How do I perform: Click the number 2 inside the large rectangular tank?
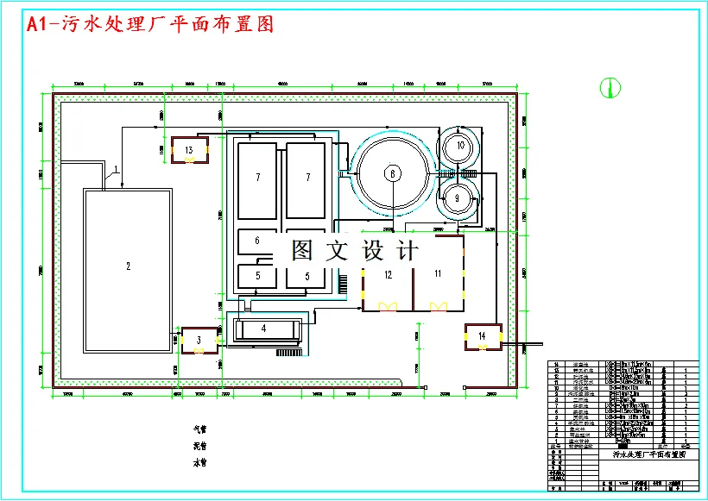[128, 266]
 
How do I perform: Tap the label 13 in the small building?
[188, 149]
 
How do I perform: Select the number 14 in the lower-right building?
[482, 335]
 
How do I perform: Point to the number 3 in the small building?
[198, 339]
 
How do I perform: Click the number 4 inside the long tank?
[263, 329]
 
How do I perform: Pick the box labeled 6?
[257, 241]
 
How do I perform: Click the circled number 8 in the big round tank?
[392, 173]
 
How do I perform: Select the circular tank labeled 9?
[458, 197]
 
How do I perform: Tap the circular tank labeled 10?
[460, 145]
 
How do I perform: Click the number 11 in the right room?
[438, 273]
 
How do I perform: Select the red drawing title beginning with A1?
[150, 24]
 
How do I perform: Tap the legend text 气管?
[199, 429]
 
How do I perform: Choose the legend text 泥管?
[199, 446]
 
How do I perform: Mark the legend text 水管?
[199, 463]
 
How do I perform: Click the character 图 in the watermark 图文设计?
[301, 251]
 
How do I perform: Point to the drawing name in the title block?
[648, 453]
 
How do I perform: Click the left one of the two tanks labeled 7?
[257, 178]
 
